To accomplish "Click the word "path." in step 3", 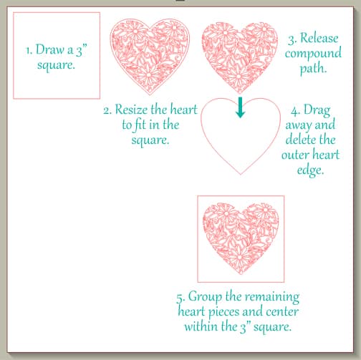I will pyautogui.click(x=309, y=71).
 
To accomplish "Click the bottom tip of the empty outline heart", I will pyautogui.click(x=240, y=174).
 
